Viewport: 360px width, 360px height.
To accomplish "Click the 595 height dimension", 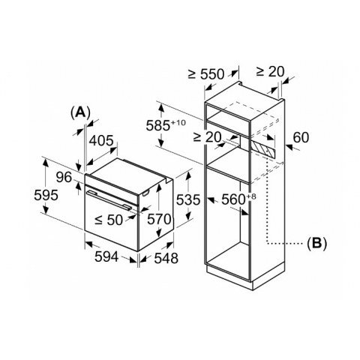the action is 46,195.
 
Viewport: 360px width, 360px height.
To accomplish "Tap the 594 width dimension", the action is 106,256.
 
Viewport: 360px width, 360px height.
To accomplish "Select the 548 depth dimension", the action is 166,258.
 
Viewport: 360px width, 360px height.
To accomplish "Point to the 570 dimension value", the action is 159,220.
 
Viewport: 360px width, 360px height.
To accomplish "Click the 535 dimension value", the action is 188,199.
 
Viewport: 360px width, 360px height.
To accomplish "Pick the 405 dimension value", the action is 101,141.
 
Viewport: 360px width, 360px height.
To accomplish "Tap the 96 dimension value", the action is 64,178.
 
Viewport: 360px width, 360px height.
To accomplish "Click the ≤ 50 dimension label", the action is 109,220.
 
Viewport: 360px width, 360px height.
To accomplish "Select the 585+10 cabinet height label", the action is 166,125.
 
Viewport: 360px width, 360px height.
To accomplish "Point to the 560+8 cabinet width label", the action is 239,199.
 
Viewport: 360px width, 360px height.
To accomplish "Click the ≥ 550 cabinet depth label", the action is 206,74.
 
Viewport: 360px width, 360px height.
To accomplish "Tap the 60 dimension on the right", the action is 301,137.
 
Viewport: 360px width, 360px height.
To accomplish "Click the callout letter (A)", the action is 80,112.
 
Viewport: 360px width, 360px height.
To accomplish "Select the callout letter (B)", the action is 316,242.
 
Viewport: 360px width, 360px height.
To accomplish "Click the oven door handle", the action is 109,200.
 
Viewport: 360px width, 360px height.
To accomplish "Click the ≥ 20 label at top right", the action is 271,72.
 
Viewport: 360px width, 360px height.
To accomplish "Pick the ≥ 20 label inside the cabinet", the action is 208,137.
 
